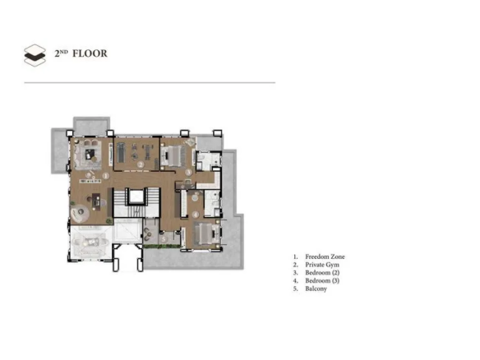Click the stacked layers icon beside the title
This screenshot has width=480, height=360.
pyautogui.click(x=35, y=55)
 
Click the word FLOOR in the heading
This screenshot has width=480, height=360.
pyautogui.click(x=90, y=53)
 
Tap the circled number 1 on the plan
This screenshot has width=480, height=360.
pyautogui.click(x=105, y=176)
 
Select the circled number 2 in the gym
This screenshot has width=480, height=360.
pyautogui.click(x=141, y=164)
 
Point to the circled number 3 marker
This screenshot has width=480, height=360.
pyautogui.click(x=188, y=173)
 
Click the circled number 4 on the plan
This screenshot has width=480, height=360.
pyautogui.click(x=196, y=215)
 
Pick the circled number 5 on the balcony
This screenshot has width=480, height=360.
pyautogui.click(x=164, y=239)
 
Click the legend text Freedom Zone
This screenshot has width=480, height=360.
pyautogui.click(x=325, y=256)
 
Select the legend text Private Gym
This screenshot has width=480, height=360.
pyautogui.click(x=322, y=265)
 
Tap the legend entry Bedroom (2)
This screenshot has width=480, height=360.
pyautogui.click(x=322, y=273)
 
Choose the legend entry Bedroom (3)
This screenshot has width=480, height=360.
pyautogui.click(x=322, y=281)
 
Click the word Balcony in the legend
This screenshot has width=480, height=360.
pyautogui.click(x=316, y=288)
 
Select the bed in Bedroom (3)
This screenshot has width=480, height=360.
pyautogui.click(x=205, y=233)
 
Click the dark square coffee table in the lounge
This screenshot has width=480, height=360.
pyautogui.click(x=90, y=155)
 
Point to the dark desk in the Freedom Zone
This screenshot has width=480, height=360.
pyautogui.click(x=96, y=201)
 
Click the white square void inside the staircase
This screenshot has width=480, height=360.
pyautogui.click(x=136, y=196)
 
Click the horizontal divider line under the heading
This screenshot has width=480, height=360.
pyautogui.click(x=150, y=83)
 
